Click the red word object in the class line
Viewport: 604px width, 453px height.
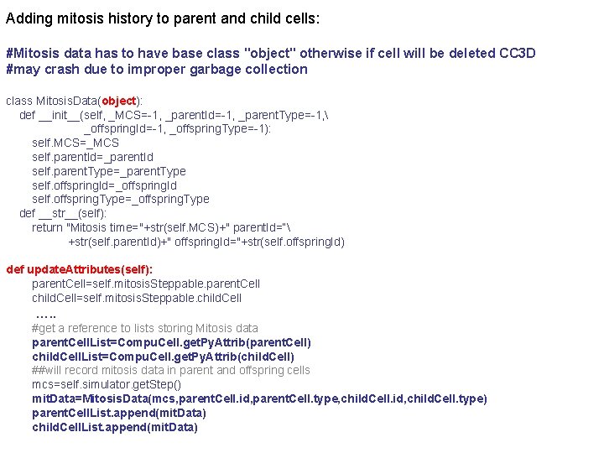click(x=118, y=101)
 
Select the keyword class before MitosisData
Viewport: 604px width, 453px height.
click(x=18, y=101)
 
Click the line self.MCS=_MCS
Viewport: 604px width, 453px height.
click(x=75, y=143)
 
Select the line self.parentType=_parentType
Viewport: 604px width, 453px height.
click(x=108, y=171)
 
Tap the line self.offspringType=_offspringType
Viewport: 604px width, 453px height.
click(x=120, y=199)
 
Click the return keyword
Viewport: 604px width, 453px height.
click(x=47, y=227)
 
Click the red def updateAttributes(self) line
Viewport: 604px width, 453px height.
click(x=80, y=269)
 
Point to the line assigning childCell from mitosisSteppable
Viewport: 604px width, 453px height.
click(x=136, y=298)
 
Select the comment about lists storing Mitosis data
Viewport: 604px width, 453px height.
click(x=144, y=328)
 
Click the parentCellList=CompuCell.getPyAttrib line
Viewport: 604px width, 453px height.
click(x=171, y=342)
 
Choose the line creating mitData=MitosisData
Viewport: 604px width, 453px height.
click(x=259, y=398)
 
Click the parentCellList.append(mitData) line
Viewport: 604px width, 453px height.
click(x=118, y=413)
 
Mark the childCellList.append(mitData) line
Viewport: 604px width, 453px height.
click(x=114, y=427)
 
